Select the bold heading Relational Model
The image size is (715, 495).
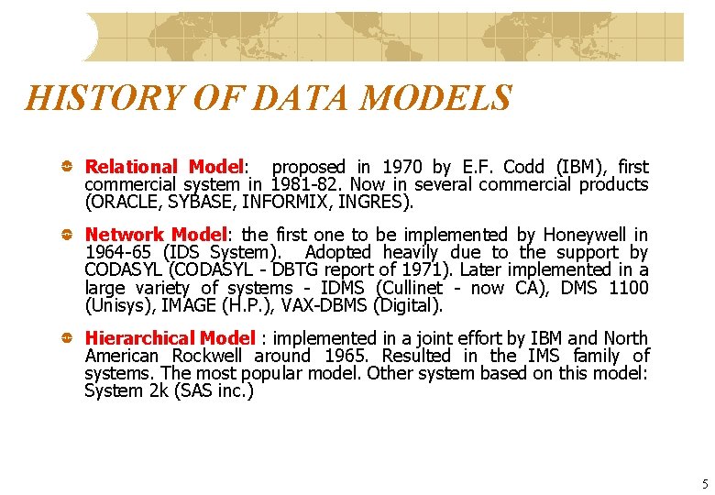coord(164,167)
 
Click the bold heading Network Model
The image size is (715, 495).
coord(154,235)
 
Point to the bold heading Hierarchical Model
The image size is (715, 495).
coord(170,338)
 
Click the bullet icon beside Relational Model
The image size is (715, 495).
coord(68,167)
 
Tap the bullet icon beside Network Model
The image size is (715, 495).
coord(68,235)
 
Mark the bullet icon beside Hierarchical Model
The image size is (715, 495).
coord(68,338)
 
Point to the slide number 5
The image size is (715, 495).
coord(705,484)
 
